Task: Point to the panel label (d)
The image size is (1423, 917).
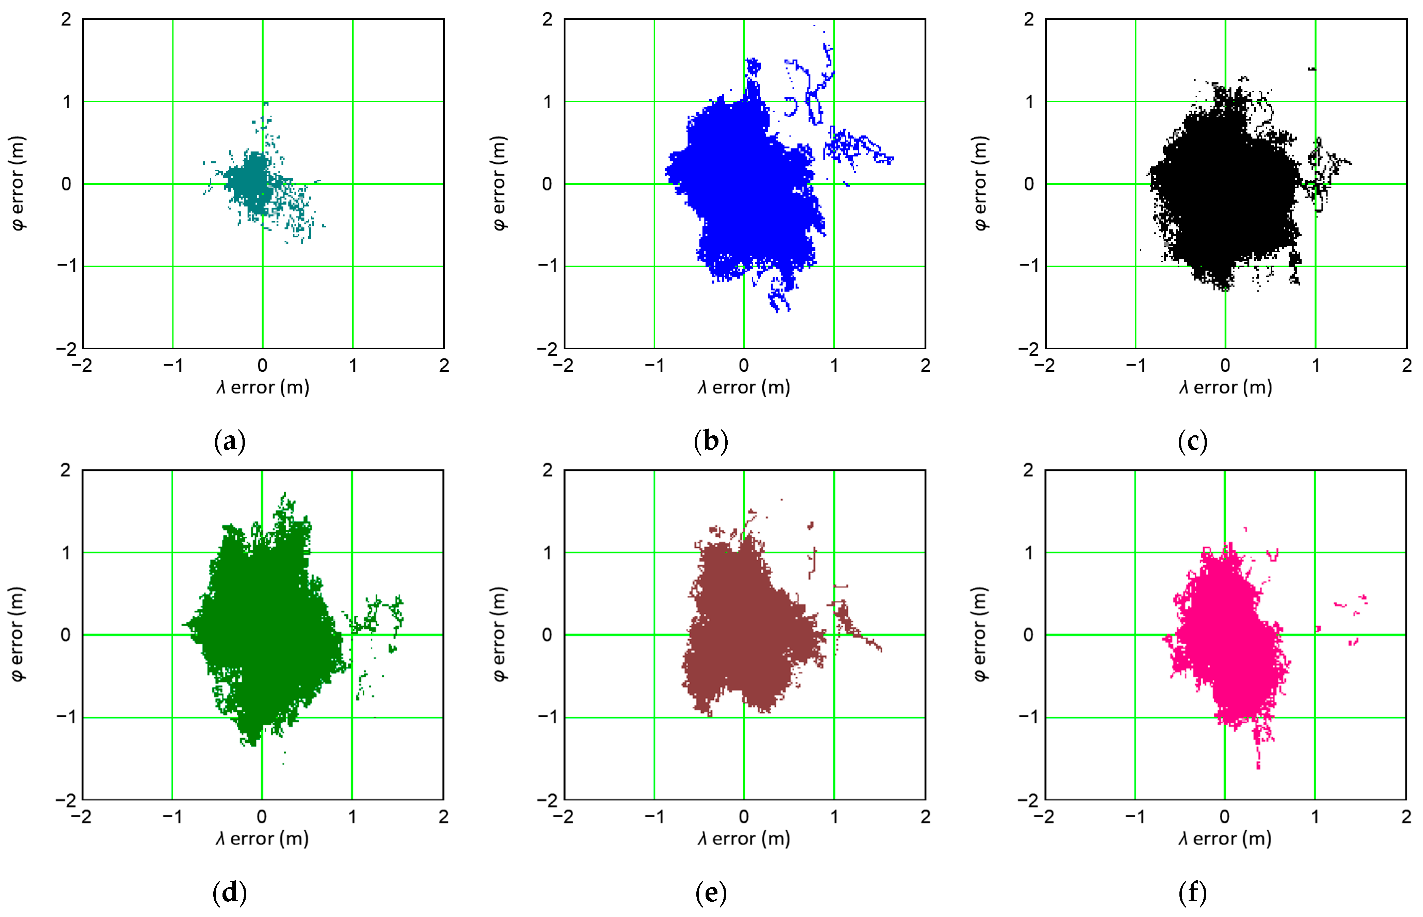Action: click(229, 892)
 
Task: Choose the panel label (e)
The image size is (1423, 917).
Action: click(711, 892)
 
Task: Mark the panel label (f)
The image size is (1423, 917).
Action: click(1192, 892)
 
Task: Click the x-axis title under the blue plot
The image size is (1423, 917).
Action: click(744, 388)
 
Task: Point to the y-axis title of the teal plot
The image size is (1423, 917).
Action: click(18, 183)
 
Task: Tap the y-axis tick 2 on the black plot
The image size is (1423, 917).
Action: click(1029, 20)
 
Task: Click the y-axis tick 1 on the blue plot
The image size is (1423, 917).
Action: click(548, 102)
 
